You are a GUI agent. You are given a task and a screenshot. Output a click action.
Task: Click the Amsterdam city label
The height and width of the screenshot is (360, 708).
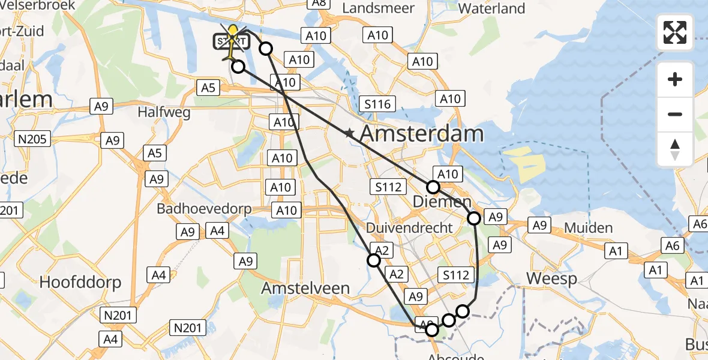coord(422,134)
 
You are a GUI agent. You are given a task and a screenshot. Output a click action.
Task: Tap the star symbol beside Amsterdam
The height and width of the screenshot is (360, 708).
coord(349,134)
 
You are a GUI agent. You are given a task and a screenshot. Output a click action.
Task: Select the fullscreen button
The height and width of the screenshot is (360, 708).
coord(675,32)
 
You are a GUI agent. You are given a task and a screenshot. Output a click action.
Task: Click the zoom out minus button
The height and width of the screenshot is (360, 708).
coord(675,114)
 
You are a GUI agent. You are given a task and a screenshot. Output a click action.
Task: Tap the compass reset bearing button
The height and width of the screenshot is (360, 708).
coord(675,149)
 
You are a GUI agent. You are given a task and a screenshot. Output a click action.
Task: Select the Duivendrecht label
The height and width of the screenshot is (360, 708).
coord(409,228)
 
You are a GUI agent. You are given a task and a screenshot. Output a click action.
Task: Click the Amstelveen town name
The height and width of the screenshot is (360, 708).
coord(305,289)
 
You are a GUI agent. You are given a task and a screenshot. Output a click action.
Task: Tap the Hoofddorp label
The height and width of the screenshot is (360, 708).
coord(80,282)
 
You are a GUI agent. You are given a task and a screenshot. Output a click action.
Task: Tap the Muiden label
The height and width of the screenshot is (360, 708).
coord(588,228)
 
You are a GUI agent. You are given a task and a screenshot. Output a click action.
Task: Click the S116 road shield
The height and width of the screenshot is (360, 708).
coord(377,104)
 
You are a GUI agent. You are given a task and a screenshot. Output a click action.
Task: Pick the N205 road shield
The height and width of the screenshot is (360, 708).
coord(34,139)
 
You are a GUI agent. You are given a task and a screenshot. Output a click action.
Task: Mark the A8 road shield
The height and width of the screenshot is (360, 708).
coord(319,3)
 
